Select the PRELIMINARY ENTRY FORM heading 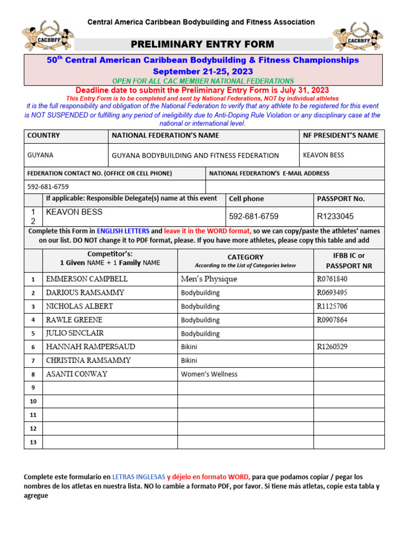tap(203, 44)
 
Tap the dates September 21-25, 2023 tap(203, 71)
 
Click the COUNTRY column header tap(44, 135)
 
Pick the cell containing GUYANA tap(40, 155)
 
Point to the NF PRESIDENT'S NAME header tap(341, 135)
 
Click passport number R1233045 tap(335, 216)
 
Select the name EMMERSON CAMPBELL tap(87, 279)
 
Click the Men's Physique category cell tap(209, 279)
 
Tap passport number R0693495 tap(332, 293)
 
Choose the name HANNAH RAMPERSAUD tap(91, 347)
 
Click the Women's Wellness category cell tap(209, 374)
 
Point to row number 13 tap(33, 442)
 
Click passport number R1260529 tap(332, 347)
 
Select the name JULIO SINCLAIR tap(75, 333)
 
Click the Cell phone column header tap(247, 199)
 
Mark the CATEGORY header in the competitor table tap(245, 257)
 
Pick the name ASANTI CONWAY tap(77, 374)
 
